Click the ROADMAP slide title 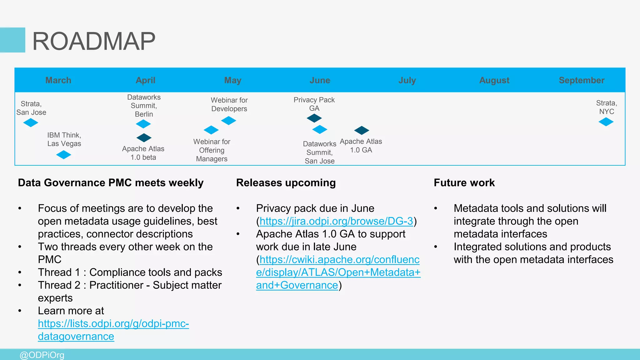click(94, 41)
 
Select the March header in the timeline click(58, 80)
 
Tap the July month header click(407, 80)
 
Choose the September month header click(581, 80)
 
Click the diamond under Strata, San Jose click(31, 123)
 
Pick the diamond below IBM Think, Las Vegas click(64, 155)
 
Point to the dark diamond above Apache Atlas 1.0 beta click(144, 137)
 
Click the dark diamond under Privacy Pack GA click(314, 118)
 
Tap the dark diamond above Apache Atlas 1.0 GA click(362, 130)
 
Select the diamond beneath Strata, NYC click(606, 122)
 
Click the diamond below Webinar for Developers click(228, 120)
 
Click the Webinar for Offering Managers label click(212, 150)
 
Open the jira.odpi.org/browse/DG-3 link click(336, 221)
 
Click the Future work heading click(464, 182)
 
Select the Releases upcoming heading click(286, 182)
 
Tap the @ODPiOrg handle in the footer click(42, 355)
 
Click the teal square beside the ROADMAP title click(12, 40)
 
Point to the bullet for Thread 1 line click(20, 272)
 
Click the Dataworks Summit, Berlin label click(144, 106)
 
